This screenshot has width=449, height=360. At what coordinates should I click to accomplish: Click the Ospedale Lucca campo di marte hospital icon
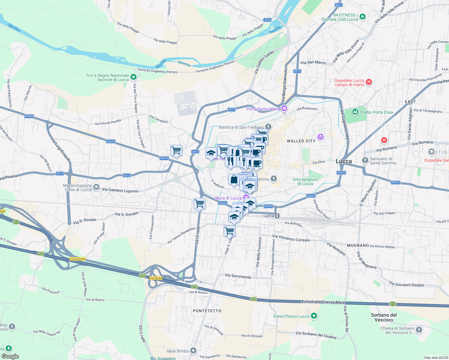[x=369, y=82]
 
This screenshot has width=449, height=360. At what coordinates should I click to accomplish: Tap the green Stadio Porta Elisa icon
[x=355, y=112]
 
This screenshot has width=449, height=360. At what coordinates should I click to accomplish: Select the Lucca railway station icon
[x=278, y=216]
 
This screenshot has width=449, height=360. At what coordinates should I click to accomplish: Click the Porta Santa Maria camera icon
[x=284, y=109]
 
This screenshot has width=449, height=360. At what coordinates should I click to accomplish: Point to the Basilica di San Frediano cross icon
[x=268, y=127]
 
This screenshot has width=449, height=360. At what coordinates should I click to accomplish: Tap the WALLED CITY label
[x=301, y=141]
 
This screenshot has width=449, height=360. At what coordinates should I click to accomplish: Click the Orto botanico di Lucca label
[x=305, y=181]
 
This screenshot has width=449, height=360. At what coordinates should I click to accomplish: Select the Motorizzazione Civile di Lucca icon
[x=96, y=187]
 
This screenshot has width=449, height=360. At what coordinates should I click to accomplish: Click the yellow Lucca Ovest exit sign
[x=78, y=259]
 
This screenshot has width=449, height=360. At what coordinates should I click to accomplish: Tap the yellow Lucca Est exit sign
[x=156, y=278]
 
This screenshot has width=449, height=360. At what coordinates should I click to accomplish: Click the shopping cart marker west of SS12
[x=176, y=150]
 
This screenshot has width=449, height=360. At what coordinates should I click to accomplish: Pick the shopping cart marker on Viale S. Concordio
[x=229, y=231]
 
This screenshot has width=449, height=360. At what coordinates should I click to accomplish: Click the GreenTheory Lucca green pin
[x=314, y=316]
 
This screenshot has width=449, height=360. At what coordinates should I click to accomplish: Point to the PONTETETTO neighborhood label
[x=207, y=311]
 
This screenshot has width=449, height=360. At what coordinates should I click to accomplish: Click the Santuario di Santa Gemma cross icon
[x=365, y=160]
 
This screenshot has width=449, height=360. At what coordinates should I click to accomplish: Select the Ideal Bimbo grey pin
[x=193, y=350]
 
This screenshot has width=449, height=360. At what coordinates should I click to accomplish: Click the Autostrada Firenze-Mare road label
[x=323, y=302]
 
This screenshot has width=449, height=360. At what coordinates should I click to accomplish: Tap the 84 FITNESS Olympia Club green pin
[x=363, y=17]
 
